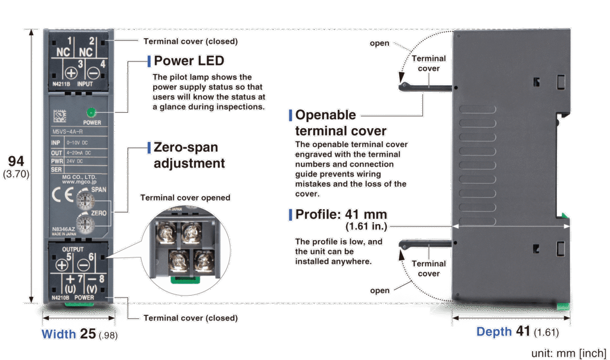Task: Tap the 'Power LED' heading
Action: click(x=189, y=61)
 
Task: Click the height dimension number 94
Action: click(x=17, y=162)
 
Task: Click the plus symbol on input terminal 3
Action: click(x=70, y=74)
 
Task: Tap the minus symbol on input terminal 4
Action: click(x=94, y=74)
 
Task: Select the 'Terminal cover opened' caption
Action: click(x=185, y=198)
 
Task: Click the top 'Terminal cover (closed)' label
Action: click(x=191, y=42)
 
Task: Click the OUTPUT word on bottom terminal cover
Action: click(x=73, y=249)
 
